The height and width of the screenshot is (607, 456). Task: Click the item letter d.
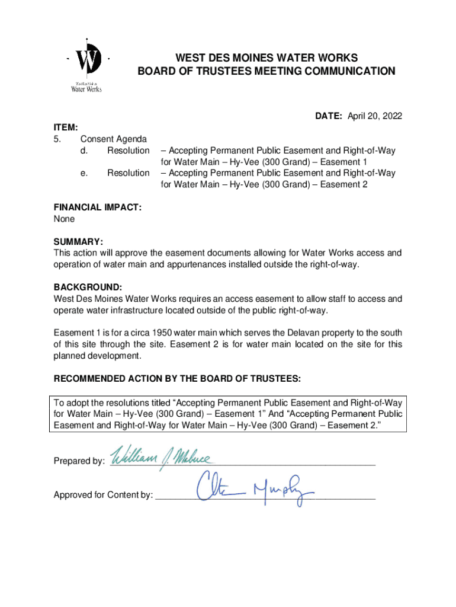[84, 151]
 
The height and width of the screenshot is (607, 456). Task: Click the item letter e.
[84, 173]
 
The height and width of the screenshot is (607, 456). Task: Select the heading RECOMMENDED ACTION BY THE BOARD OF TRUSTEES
[177, 379]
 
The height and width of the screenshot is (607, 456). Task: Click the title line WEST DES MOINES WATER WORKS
[266, 58]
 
